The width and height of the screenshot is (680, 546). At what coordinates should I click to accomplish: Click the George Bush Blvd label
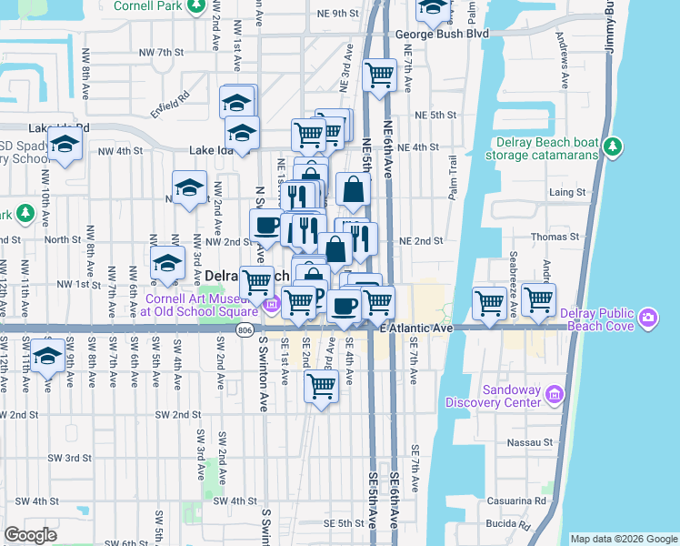tap(442, 34)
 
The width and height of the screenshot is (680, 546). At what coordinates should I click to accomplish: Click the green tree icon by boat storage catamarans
tap(614, 145)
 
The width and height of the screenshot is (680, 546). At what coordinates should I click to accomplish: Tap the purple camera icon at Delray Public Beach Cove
tap(648, 318)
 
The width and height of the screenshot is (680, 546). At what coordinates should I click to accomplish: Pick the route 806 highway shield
tap(246, 329)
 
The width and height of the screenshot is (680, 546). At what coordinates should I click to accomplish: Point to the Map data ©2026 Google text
tap(623, 539)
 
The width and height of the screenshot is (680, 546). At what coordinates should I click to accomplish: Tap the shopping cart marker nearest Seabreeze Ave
tap(538, 299)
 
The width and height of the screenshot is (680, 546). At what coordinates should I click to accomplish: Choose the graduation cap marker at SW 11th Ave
tap(47, 355)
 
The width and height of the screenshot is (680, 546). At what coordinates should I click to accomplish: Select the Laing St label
tap(567, 193)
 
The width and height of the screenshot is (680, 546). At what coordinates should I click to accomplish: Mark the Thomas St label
tap(574, 237)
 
